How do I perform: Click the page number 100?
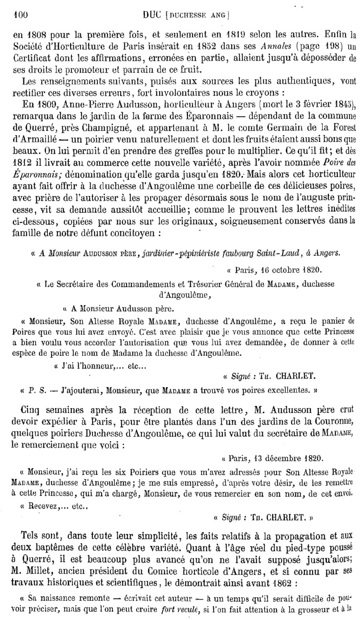(x=21, y=15)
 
